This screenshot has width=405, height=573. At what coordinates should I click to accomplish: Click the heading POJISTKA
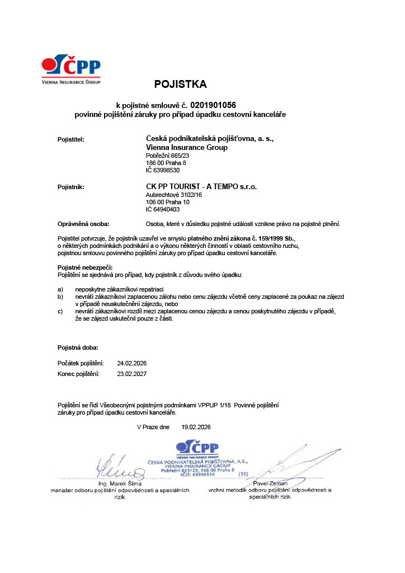[x=180, y=84]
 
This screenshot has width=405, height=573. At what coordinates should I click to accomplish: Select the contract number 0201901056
[x=213, y=105]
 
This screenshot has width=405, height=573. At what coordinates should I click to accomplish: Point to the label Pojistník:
[x=71, y=187]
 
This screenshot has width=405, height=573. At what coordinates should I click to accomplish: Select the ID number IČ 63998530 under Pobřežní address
[x=162, y=170]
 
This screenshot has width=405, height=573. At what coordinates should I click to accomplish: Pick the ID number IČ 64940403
[x=162, y=209]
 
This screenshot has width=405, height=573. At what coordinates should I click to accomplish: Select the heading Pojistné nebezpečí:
[x=86, y=268]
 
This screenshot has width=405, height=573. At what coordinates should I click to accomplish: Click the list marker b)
[x=61, y=296]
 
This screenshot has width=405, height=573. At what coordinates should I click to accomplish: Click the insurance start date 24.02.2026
[x=132, y=363]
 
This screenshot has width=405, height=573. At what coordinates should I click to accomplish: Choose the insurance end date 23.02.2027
[x=132, y=373]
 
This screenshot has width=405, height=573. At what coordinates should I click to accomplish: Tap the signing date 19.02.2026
[x=196, y=426]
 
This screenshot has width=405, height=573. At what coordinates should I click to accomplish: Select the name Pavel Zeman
[x=270, y=483]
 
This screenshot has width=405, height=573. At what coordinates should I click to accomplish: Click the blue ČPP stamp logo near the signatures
[x=197, y=448]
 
